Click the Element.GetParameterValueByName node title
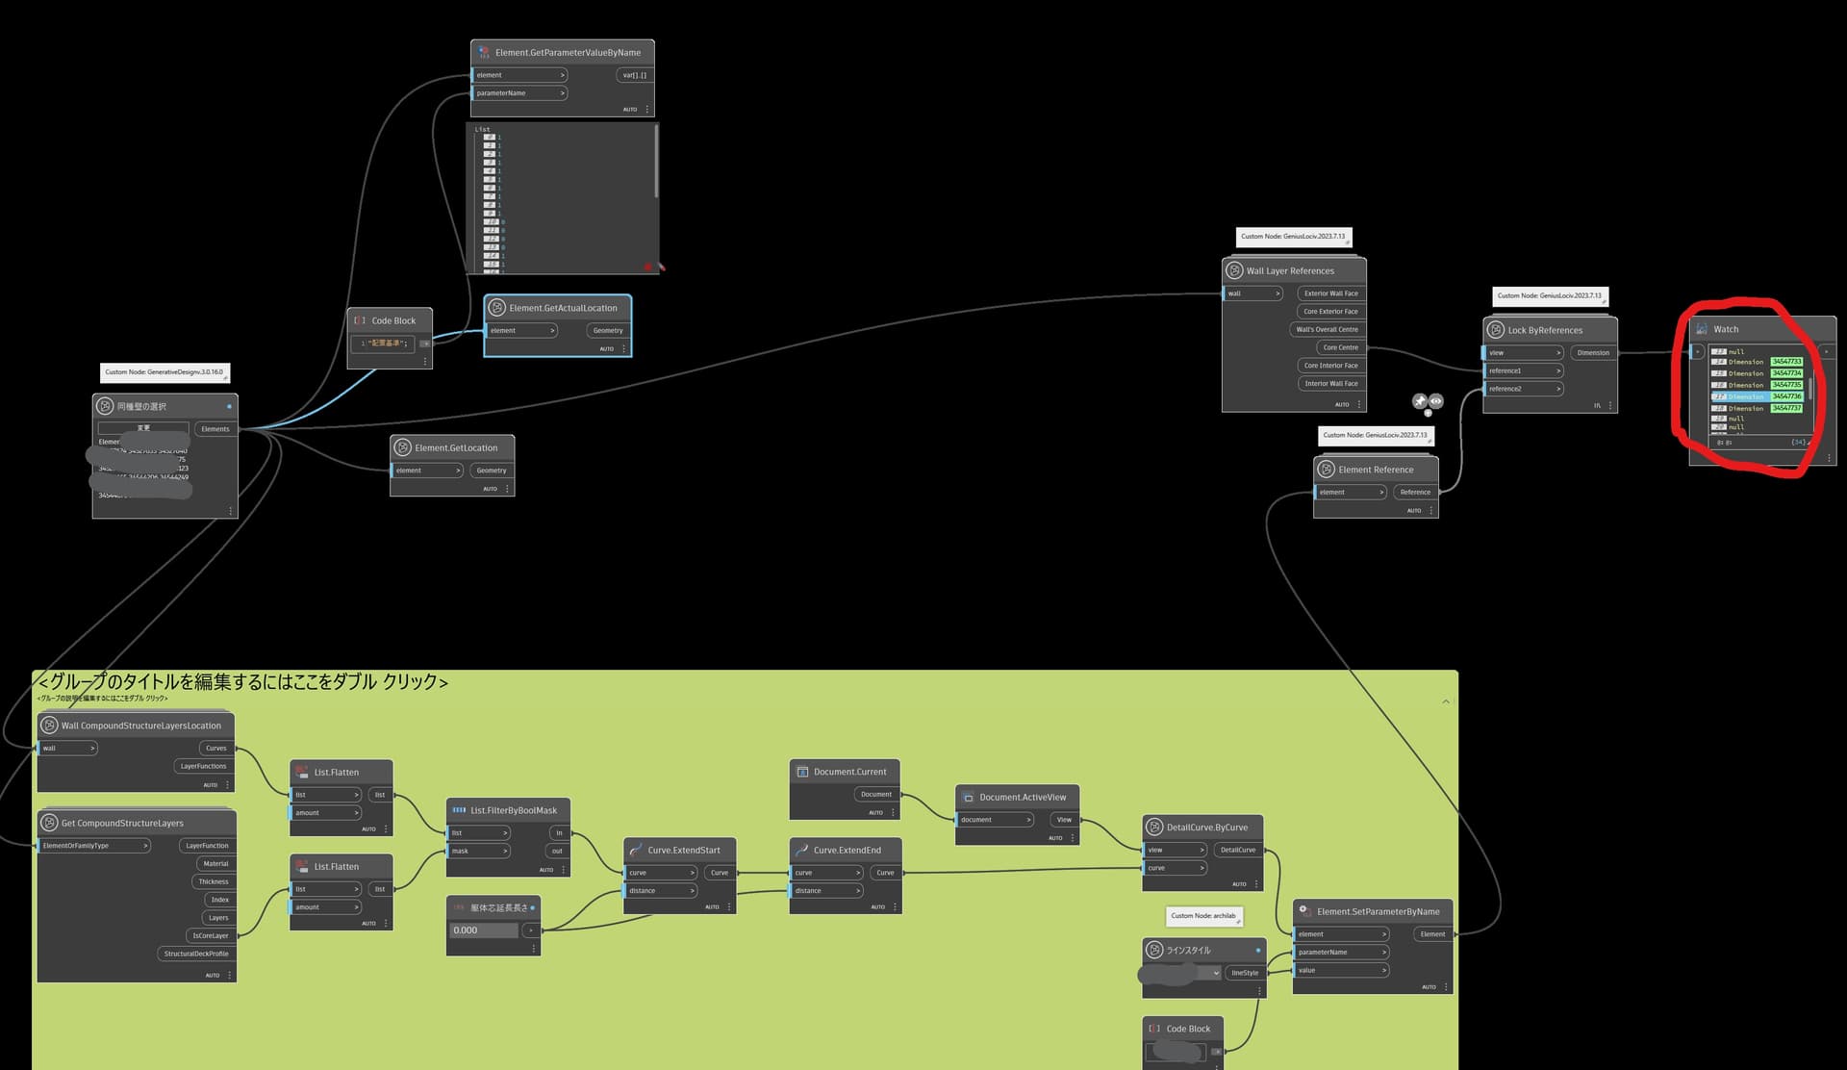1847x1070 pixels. pos(568,53)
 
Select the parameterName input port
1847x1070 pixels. pos(519,93)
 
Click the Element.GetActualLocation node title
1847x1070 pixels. pos(563,308)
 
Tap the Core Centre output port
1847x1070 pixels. pos(1340,347)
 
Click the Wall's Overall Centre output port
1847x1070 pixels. pos(1327,329)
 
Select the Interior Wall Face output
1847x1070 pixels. pos(1330,383)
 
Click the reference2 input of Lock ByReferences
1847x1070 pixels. pos(1522,389)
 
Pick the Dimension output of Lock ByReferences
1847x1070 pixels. pos(1592,352)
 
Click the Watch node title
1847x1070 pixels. pos(1726,329)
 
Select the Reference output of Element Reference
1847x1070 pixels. pos(1414,492)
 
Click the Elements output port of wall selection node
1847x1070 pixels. pos(215,429)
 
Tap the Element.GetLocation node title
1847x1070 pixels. pos(456,447)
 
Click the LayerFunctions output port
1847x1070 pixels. pos(203,766)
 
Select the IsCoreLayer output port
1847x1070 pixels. pos(210,935)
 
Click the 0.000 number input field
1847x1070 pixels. pos(483,930)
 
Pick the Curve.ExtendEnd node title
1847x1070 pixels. pos(847,850)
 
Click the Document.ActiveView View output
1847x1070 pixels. pos(1063,820)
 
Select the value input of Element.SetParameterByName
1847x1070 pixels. pos(1340,970)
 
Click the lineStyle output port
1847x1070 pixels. pos(1244,973)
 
